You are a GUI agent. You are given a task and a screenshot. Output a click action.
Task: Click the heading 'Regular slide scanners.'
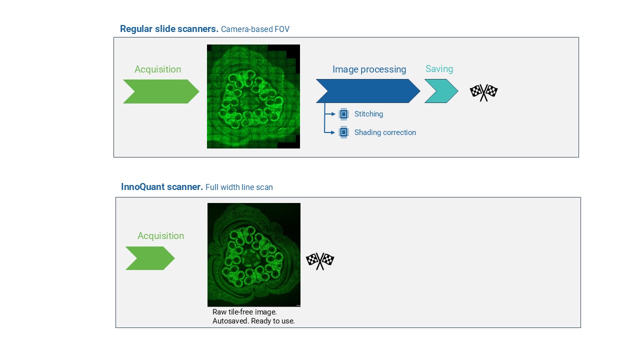click(169, 29)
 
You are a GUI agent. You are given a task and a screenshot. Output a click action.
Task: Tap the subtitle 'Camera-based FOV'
click(255, 29)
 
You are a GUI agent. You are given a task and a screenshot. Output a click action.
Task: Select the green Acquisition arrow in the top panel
click(161, 91)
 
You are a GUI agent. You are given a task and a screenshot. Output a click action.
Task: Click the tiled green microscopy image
click(253, 96)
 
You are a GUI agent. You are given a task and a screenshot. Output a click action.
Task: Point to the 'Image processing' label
click(369, 69)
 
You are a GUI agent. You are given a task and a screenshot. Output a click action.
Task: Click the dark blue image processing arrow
click(368, 91)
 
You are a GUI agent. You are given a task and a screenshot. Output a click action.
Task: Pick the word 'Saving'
click(439, 69)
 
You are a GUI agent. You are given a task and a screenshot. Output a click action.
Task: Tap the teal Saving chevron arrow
click(441, 91)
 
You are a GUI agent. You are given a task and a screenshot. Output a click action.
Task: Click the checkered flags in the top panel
click(483, 92)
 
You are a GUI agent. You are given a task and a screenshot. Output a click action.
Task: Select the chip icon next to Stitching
click(343, 114)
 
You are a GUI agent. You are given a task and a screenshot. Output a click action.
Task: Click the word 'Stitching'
click(368, 114)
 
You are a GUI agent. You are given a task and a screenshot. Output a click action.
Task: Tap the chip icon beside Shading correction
click(343, 132)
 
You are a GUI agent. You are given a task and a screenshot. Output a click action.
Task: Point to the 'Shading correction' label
click(385, 132)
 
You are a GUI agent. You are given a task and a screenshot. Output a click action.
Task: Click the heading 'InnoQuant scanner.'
click(162, 187)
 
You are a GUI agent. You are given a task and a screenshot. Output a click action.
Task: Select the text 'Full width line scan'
click(239, 187)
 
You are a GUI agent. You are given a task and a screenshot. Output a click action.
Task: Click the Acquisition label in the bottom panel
click(161, 236)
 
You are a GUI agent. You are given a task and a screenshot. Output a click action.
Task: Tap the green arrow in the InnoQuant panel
click(150, 258)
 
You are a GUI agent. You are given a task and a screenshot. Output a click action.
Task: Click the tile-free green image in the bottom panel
click(253, 255)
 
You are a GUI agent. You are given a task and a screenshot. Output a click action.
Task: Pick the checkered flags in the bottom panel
click(320, 261)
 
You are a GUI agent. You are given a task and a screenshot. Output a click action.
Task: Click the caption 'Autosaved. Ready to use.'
click(253, 321)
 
